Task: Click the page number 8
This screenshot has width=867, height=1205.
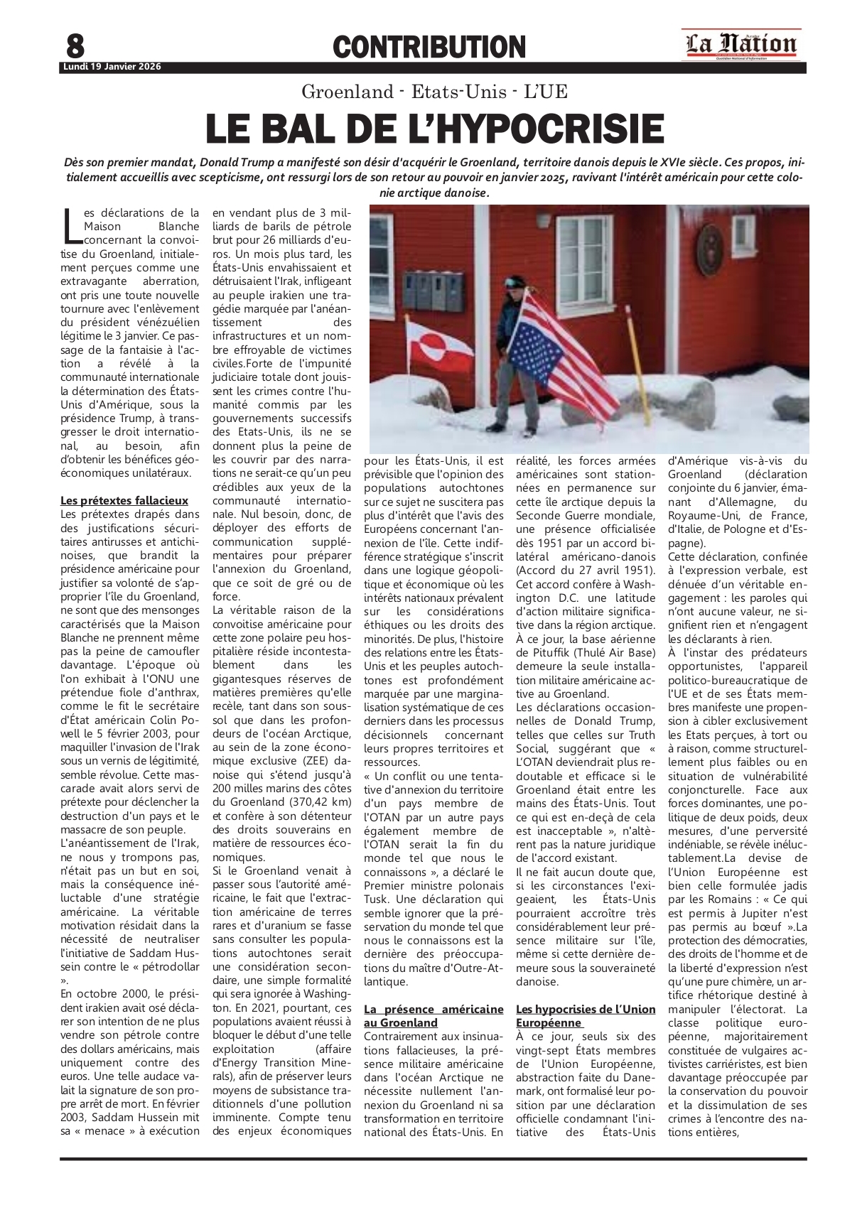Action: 75,46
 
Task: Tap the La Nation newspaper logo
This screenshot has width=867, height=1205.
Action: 741,45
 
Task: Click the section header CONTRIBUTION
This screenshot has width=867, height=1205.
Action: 429,48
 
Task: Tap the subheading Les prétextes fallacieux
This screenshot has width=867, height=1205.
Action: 124,500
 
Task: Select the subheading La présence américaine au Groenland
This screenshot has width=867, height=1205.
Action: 433,1016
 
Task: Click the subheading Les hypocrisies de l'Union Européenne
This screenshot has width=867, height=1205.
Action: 586,1016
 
